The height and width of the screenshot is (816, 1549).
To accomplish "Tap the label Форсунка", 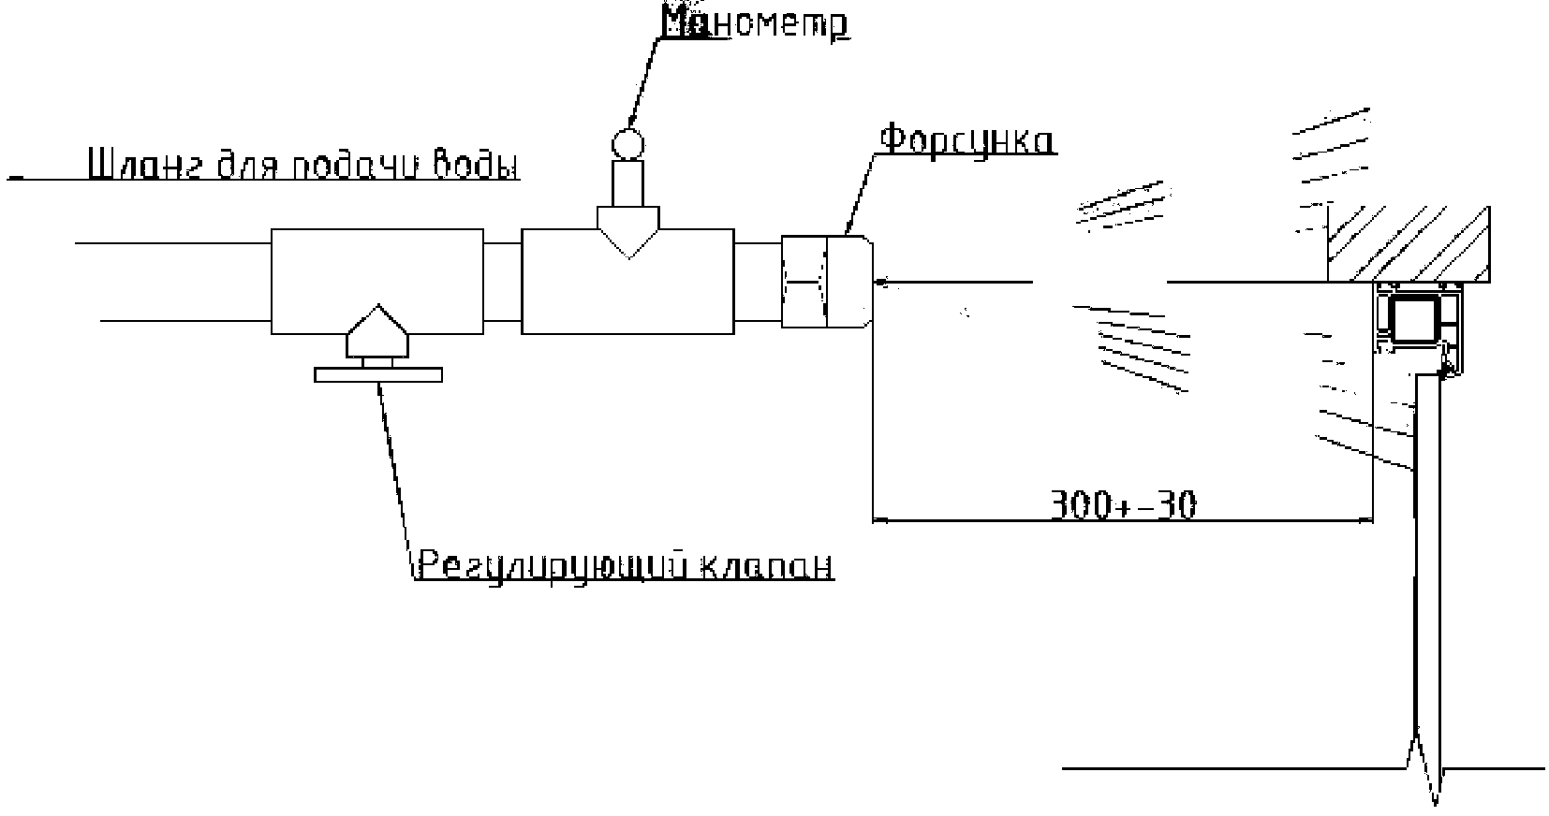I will [966, 140].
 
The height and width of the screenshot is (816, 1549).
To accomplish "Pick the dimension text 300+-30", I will [1122, 505].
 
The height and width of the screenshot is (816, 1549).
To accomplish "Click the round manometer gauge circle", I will [628, 143].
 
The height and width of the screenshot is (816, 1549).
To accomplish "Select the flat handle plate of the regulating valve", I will [377, 375].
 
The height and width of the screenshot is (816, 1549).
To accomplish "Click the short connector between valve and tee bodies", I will [502, 281].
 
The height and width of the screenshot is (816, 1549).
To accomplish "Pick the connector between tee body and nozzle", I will [758, 281].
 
